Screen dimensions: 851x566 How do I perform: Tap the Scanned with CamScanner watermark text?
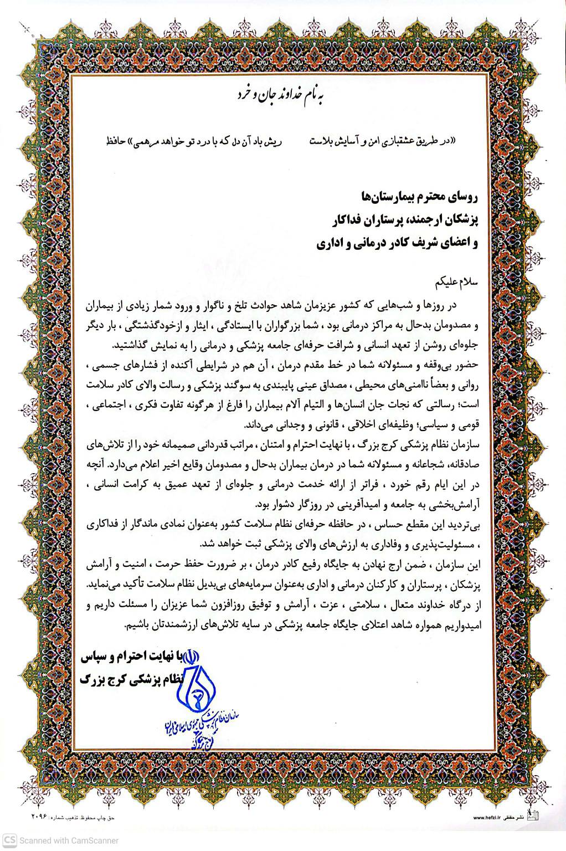click(69, 840)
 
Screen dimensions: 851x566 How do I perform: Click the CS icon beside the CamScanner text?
click(9, 840)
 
